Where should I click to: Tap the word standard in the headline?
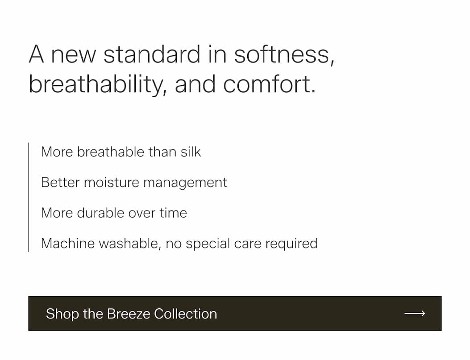coord(152,54)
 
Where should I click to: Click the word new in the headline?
coord(73,56)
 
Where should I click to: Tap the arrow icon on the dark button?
coord(415,313)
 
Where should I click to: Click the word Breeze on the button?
coord(128,314)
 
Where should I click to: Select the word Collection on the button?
coord(185,314)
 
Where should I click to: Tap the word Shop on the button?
coord(62,314)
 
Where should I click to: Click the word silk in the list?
coord(191,152)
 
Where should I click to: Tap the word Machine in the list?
coord(68,243)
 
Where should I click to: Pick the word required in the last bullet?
coord(291,244)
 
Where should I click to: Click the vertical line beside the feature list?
coord(29,197)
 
